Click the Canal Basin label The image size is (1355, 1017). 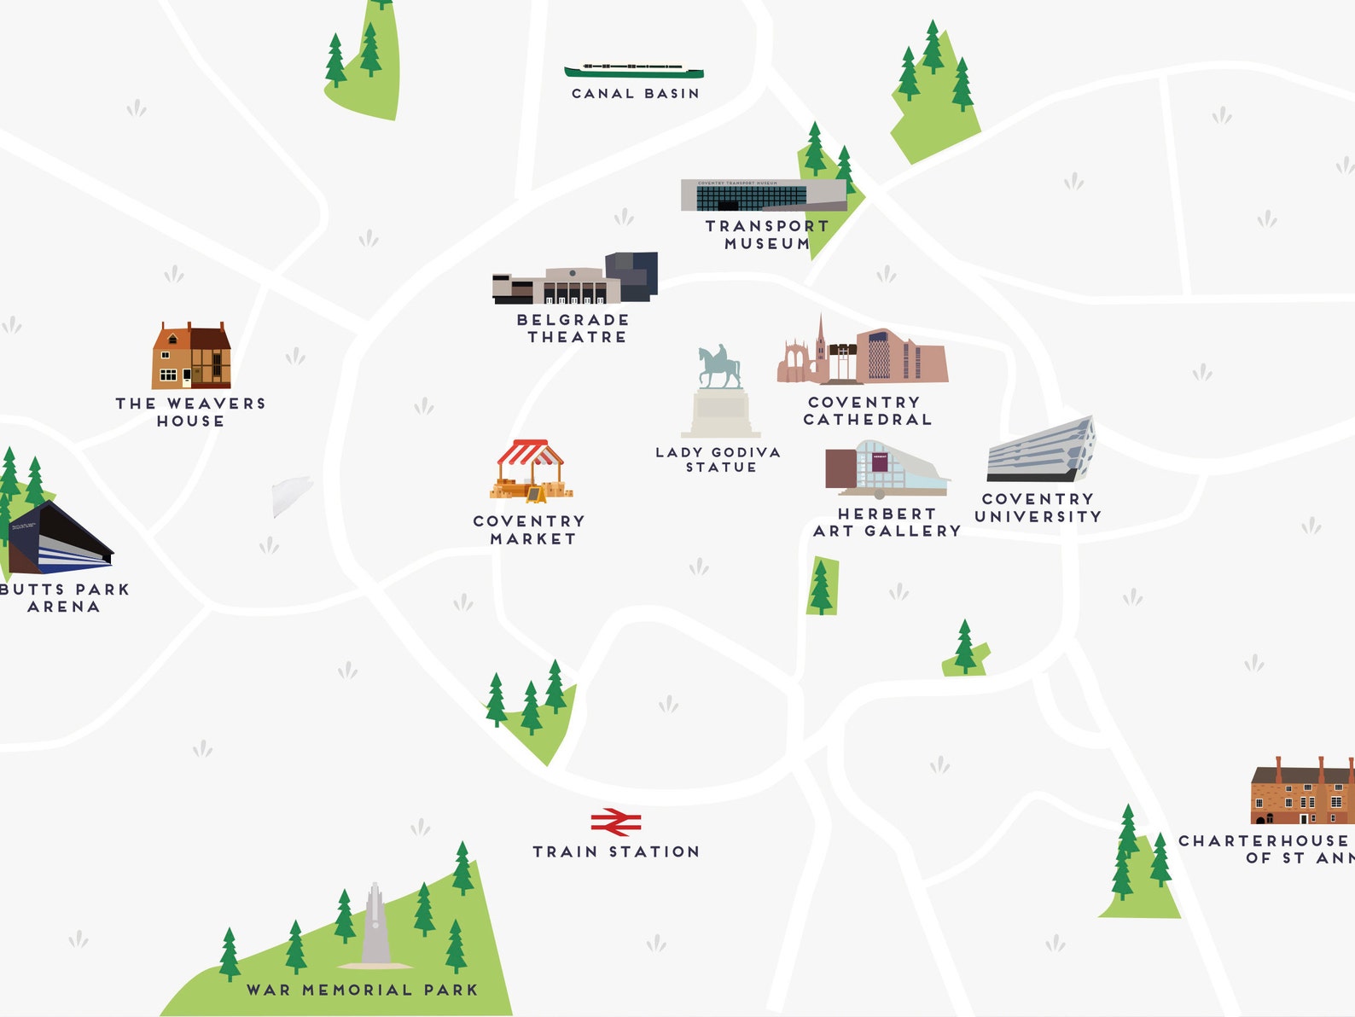pos(636,94)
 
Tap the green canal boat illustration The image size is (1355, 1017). pos(634,70)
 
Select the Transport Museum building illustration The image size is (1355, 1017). pos(763,195)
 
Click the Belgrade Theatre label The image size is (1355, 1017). pos(574,328)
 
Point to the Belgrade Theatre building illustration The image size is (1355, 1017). pos(574,280)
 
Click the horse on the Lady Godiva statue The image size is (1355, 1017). pos(719,368)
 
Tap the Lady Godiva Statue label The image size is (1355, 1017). pos(718,460)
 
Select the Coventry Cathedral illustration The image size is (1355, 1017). pos(862,355)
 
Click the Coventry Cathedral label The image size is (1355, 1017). pos(866,410)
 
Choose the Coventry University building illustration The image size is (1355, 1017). pos(1040,450)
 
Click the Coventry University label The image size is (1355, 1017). pos(1038,508)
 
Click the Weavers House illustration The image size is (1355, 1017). pos(191,357)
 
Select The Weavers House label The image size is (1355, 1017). pos(191,412)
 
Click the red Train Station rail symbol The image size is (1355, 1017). pos(616,822)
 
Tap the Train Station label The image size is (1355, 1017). pos(616,851)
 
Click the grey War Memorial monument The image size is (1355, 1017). pos(375,927)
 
